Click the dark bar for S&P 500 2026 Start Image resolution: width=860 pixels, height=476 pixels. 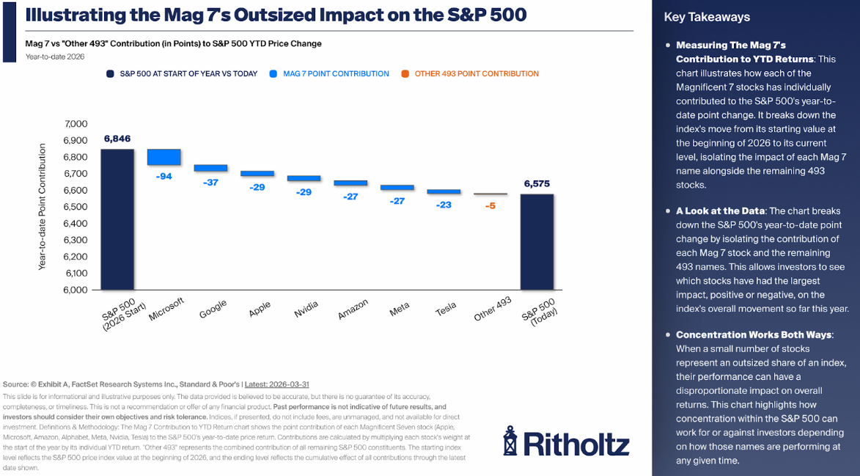coord(117,219)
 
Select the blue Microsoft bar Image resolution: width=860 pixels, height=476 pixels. coord(164,157)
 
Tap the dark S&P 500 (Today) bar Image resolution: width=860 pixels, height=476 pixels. coord(537,242)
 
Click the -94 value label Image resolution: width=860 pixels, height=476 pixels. coord(164,176)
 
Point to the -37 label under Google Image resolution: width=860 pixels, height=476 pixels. coord(210,183)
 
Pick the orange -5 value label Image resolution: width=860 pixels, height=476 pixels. coord(490,206)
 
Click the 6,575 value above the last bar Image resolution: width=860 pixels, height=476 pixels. coord(537,183)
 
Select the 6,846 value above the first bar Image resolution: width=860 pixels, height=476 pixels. coord(117,138)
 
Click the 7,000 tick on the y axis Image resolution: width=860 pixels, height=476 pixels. coord(76,124)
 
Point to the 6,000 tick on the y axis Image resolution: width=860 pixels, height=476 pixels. coord(76,290)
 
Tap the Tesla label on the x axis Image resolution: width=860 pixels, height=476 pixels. coord(446,310)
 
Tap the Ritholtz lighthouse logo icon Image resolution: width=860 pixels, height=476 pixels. coord(510,440)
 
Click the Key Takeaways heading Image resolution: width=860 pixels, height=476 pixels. coord(706,17)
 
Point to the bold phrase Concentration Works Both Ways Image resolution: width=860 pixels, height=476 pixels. coord(754,334)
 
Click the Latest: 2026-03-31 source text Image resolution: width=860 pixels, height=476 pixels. coord(279,384)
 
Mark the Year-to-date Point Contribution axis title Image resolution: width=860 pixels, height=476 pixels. coord(43,207)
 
